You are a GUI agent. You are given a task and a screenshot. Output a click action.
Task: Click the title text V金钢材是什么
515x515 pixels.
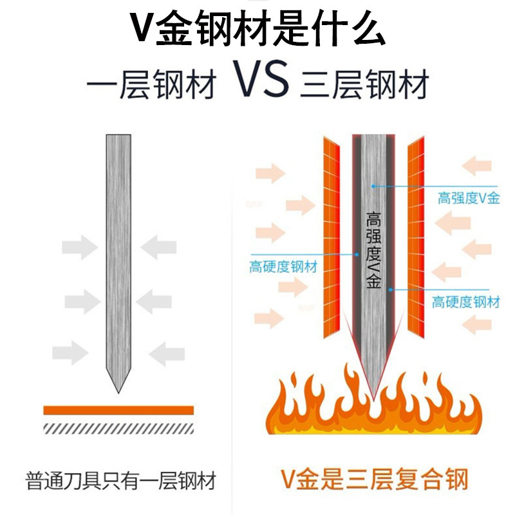[257, 28]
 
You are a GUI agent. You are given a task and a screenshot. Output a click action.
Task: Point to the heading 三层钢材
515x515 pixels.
[364, 84]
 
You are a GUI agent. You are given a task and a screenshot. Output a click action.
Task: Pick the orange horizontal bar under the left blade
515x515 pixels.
[118, 410]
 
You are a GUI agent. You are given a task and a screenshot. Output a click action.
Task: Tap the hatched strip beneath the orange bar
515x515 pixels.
[118, 427]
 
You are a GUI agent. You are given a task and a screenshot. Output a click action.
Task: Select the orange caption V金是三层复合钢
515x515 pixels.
[374, 480]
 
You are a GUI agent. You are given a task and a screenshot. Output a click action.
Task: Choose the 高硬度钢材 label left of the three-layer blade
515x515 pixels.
[283, 266]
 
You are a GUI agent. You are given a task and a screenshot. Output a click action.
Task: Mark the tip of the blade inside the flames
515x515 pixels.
[373, 394]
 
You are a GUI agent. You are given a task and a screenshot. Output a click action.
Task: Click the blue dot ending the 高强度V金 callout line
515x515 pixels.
[374, 185]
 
